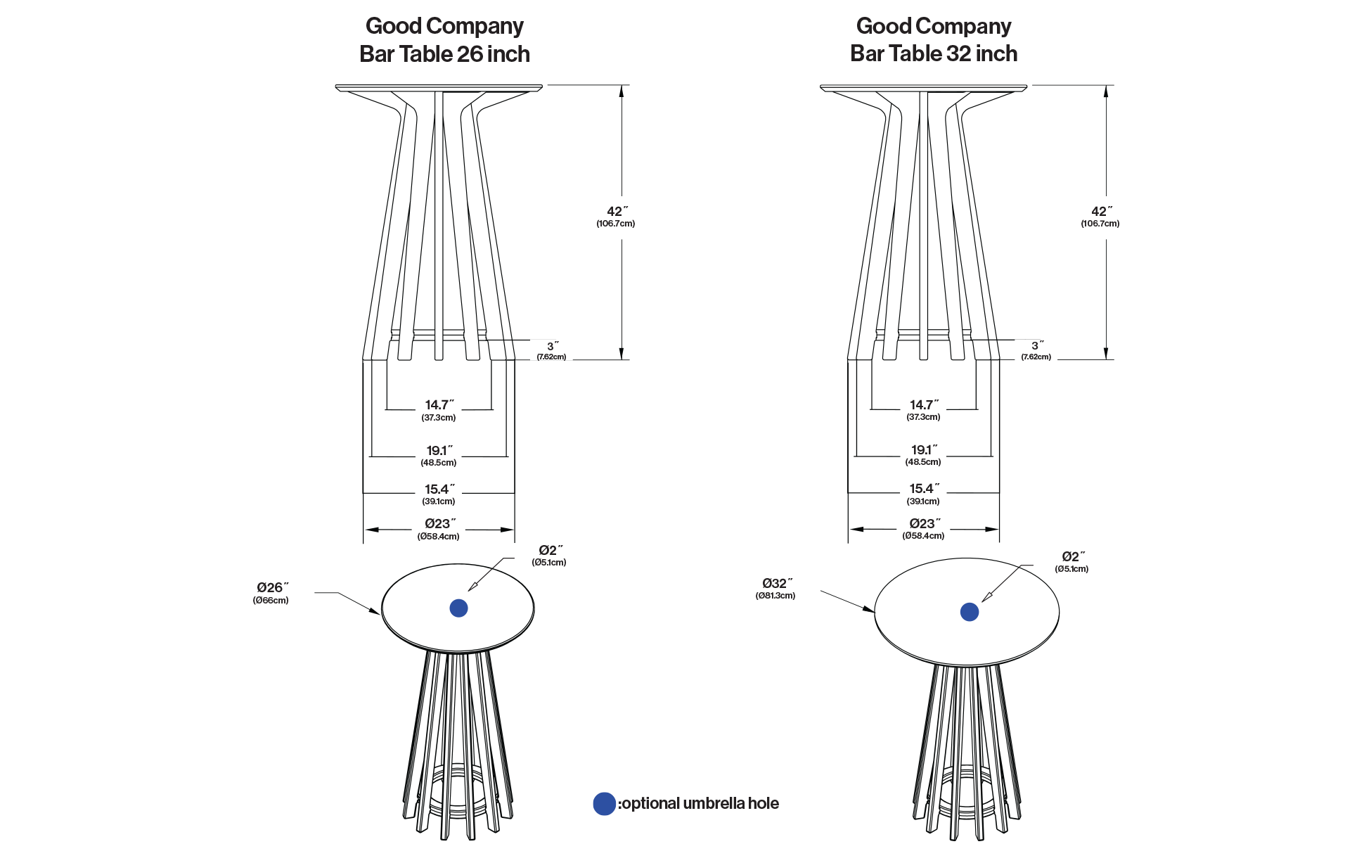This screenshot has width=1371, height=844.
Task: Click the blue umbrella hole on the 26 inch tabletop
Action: pyautogui.click(x=458, y=608)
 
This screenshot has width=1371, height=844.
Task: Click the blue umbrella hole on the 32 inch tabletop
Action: pyautogui.click(x=970, y=612)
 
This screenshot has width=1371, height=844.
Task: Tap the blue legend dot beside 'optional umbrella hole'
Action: pyautogui.click(x=605, y=804)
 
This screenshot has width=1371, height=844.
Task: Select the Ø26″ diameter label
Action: pyautogui.click(x=273, y=587)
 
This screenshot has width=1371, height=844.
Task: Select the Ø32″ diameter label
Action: pyautogui.click(x=778, y=583)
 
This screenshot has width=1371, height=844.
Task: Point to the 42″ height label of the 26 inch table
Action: pyautogui.click(x=617, y=212)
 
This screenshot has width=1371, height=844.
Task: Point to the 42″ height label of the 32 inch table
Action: pyautogui.click(x=1102, y=212)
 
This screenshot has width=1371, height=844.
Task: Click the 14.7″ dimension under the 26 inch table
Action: pyautogui.click(x=439, y=405)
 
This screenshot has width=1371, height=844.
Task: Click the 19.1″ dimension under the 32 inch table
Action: pyautogui.click(x=924, y=450)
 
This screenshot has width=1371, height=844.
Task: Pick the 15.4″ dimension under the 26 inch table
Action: pyautogui.click(x=439, y=489)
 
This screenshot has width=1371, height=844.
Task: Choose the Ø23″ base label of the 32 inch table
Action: pyautogui.click(x=924, y=524)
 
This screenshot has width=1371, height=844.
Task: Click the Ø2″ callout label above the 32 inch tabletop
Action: pyautogui.click(x=1073, y=557)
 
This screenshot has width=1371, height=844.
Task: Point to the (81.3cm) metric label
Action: pyautogui.click(x=775, y=596)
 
